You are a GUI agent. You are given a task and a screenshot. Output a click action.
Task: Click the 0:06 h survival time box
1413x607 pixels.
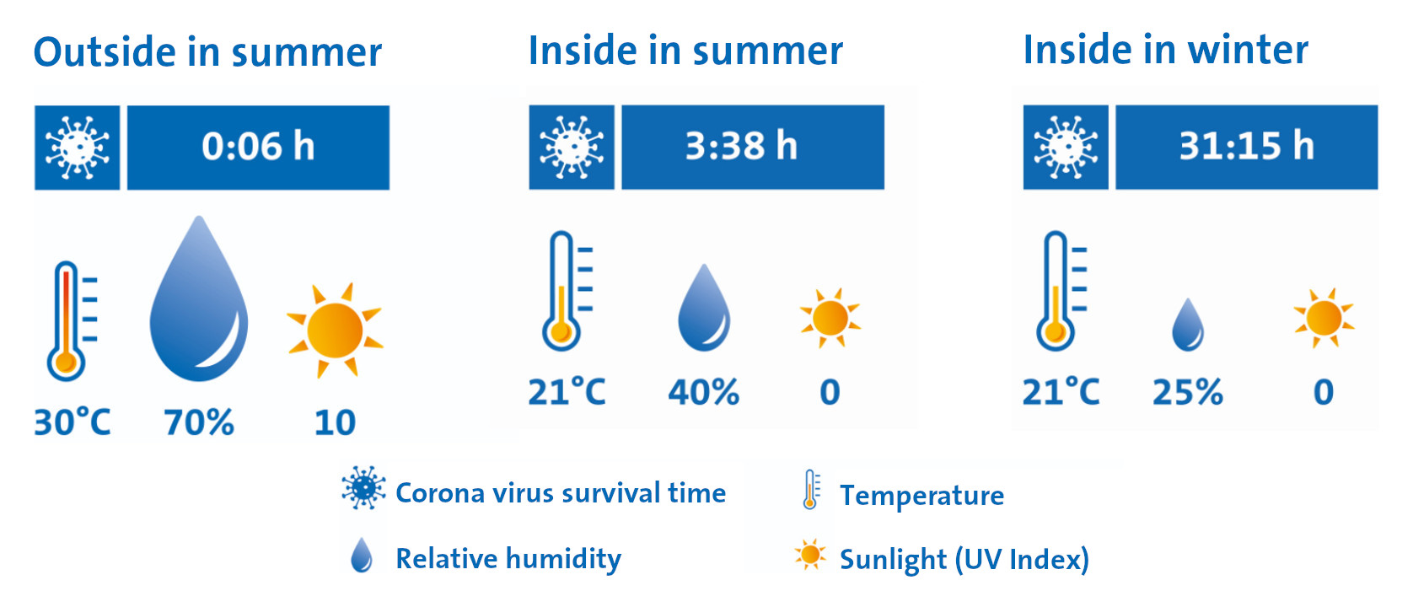[258, 148]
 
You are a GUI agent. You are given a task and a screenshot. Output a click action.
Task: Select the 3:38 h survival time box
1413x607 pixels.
[753, 147]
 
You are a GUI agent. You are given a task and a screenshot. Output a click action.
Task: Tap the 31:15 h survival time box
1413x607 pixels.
[1246, 147]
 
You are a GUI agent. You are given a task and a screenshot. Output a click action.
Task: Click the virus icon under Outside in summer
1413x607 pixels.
[77, 148]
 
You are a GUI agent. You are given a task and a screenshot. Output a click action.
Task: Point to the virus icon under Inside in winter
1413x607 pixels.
[1066, 147]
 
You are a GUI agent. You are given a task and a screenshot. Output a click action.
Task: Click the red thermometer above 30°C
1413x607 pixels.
[71, 320]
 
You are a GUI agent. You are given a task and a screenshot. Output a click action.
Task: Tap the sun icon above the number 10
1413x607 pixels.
[335, 330]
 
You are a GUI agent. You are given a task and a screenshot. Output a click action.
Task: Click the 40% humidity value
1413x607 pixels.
[703, 392]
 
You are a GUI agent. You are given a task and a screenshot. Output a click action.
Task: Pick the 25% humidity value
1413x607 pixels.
[1187, 392]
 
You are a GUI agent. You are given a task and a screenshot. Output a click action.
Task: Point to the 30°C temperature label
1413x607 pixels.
[72, 422]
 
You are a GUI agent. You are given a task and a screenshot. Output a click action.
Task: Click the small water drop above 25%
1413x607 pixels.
[1188, 325]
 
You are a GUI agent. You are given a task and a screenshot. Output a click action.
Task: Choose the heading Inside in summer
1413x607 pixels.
[685, 50]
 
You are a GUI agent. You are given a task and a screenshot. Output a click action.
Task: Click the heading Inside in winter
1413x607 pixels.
[1166, 50]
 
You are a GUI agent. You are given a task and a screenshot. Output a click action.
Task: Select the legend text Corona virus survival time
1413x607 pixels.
[561, 493]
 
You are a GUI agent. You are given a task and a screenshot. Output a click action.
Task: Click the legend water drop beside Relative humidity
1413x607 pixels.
[362, 556]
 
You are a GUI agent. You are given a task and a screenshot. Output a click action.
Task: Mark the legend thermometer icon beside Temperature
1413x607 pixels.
[811, 490]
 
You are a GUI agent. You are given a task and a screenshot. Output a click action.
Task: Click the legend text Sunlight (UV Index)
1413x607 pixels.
[964, 560]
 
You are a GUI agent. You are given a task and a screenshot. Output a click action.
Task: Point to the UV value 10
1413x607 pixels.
[335, 422]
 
